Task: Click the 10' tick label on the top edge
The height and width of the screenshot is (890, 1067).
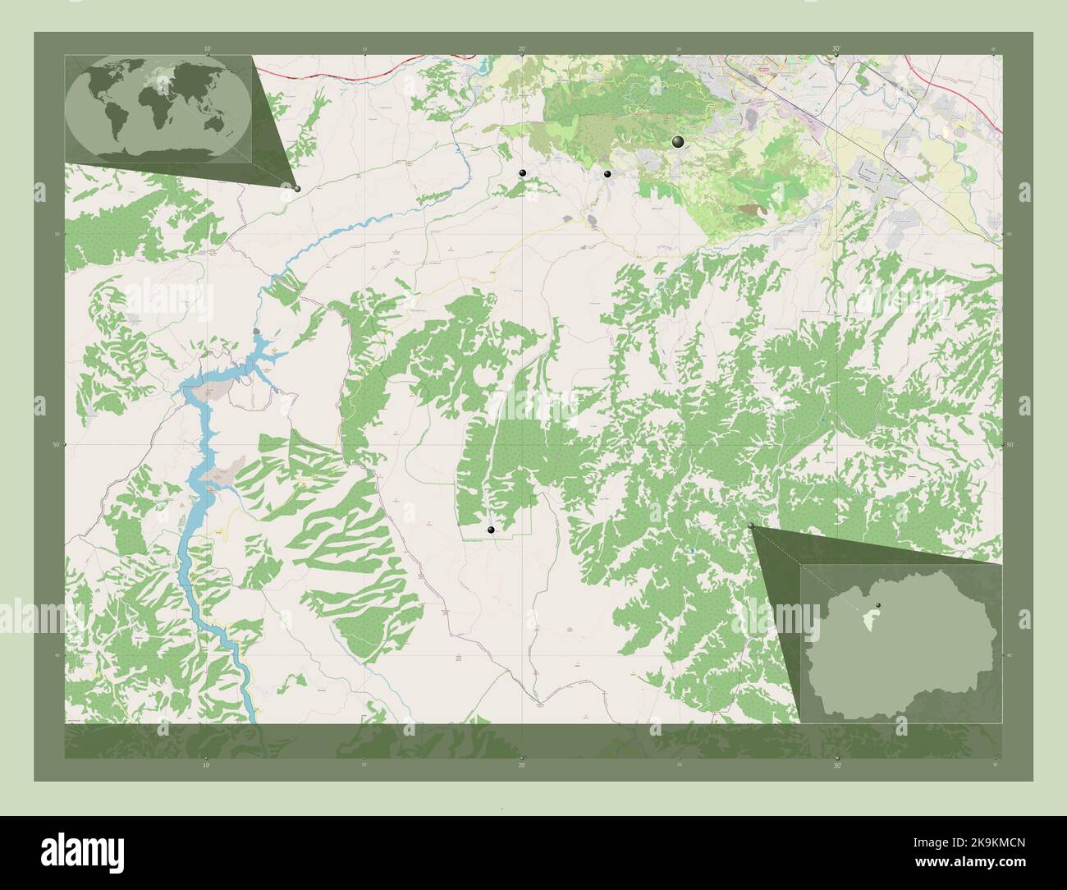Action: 208,49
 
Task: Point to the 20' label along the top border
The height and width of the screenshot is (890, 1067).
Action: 522,49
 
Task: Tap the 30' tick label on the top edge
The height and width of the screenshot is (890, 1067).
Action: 836,49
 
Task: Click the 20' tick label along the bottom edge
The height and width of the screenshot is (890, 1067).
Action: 522,764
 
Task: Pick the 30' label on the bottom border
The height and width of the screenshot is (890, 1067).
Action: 836,764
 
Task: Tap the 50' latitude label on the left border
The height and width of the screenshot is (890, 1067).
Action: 56,444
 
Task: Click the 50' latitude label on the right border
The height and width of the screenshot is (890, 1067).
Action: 1010,444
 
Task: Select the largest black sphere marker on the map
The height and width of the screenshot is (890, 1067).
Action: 678,142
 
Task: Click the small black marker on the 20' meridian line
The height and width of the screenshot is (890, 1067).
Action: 522,173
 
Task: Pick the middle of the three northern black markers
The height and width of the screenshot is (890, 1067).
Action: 607,174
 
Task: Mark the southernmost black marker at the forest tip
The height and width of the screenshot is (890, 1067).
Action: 491,530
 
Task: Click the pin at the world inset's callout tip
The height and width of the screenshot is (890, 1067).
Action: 297,189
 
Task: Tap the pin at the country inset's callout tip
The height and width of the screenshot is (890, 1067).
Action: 751,526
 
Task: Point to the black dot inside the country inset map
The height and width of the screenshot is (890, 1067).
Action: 877,605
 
